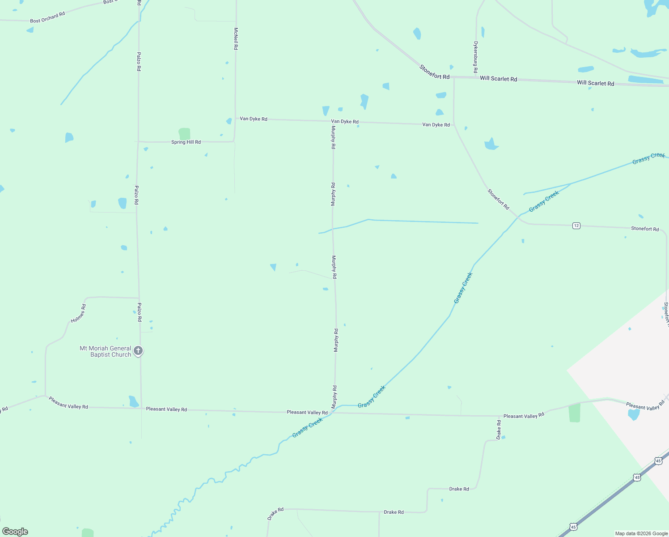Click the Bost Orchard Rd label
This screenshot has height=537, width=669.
pyautogui.click(x=47, y=17)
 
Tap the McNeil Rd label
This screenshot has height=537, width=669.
pyautogui.click(x=236, y=38)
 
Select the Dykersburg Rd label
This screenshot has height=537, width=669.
pyautogui.click(x=476, y=57)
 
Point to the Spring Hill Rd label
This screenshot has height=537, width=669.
pyautogui.click(x=186, y=142)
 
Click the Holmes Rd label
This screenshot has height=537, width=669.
pyautogui.click(x=78, y=314)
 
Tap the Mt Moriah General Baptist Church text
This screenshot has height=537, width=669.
pyautogui.click(x=106, y=351)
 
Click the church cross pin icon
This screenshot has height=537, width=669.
pyautogui.click(x=138, y=351)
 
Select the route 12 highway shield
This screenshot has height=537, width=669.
pyautogui.click(x=576, y=226)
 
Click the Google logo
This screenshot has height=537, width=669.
pyautogui.click(x=15, y=532)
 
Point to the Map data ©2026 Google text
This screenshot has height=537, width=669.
pyautogui.click(x=641, y=533)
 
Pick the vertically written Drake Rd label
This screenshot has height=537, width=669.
pyautogui.click(x=499, y=430)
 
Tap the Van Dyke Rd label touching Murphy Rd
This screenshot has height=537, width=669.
pyautogui.click(x=344, y=122)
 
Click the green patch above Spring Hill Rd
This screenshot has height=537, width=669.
pyautogui.click(x=184, y=134)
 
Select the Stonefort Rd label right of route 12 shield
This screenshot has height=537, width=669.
pyautogui.click(x=645, y=229)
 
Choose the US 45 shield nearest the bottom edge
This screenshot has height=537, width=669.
pyautogui.click(x=573, y=527)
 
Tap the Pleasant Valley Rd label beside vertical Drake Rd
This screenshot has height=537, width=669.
pyautogui.click(x=524, y=416)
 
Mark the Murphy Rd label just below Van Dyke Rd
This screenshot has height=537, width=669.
pyautogui.click(x=333, y=137)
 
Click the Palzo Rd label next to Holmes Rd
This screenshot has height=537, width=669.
pyautogui.click(x=139, y=312)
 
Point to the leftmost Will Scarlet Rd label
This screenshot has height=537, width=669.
pyautogui.click(x=498, y=79)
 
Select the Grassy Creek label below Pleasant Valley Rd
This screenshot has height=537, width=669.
pyautogui.click(x=308, y=428)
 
